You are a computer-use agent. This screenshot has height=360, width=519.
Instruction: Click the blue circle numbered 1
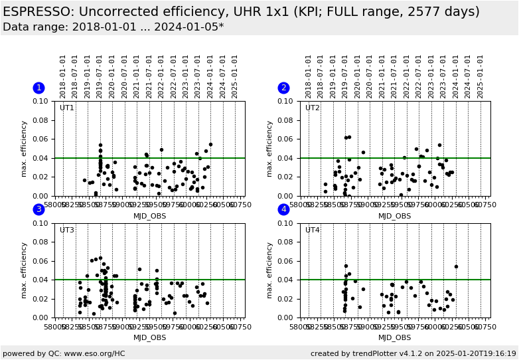coord(38,88)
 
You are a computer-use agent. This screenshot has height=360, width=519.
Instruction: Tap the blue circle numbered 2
coord(283,88)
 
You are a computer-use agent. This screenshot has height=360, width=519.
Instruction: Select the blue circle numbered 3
coord(38,209)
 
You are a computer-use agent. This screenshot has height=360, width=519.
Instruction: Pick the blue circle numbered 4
coord(283,209)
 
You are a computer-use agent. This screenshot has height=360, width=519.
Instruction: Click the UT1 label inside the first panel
coord(67,108)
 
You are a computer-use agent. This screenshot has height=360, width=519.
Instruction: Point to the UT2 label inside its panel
coord(312,108)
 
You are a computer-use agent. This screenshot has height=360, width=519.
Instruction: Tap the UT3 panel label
coord(67,230)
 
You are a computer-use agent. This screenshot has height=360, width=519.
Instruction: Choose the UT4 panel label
coord(312,230)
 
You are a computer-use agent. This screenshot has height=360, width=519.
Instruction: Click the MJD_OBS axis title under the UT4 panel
coord(395,337)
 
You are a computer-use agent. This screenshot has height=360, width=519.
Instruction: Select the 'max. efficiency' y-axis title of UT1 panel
coord(24,148)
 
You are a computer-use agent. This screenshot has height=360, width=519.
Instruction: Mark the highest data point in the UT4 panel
coord(346,266)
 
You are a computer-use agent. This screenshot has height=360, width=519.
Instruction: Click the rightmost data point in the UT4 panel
coord(456,266)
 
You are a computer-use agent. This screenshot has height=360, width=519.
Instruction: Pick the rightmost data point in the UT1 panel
coord(210,144)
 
